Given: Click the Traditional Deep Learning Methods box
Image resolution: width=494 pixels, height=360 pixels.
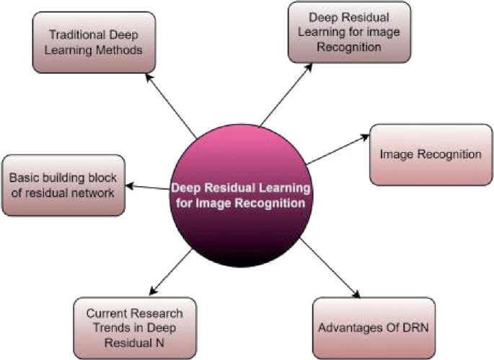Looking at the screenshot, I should point(93,41).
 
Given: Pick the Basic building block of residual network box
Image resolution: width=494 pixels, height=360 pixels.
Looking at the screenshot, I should point(64,183).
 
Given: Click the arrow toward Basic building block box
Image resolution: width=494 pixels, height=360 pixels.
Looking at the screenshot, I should point(148,188).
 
